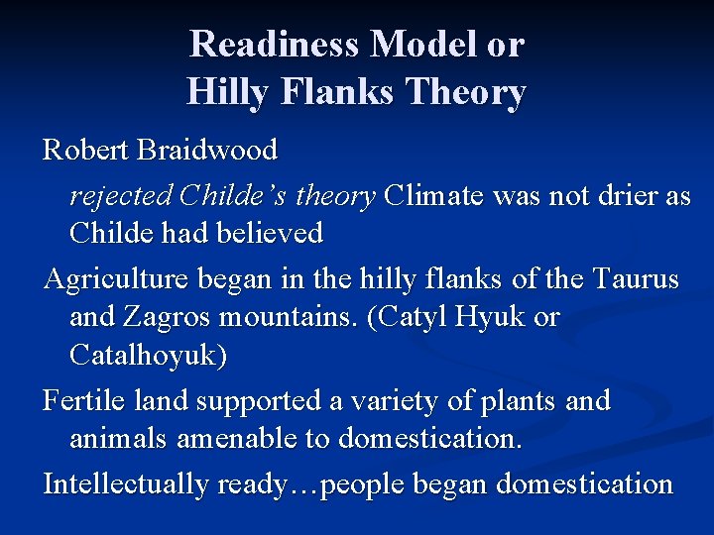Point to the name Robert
pyautogui.click(x=86, y=151)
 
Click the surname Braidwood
pyautogui.click(x=208, y=151)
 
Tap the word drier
pyautogui.click(x=627, y=196)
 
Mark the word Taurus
pyautogui.click(x=637, y=279)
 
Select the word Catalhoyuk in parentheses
pyautogui.click(x=147, y=355)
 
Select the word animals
pyautogui.click(x=118, y=438)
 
